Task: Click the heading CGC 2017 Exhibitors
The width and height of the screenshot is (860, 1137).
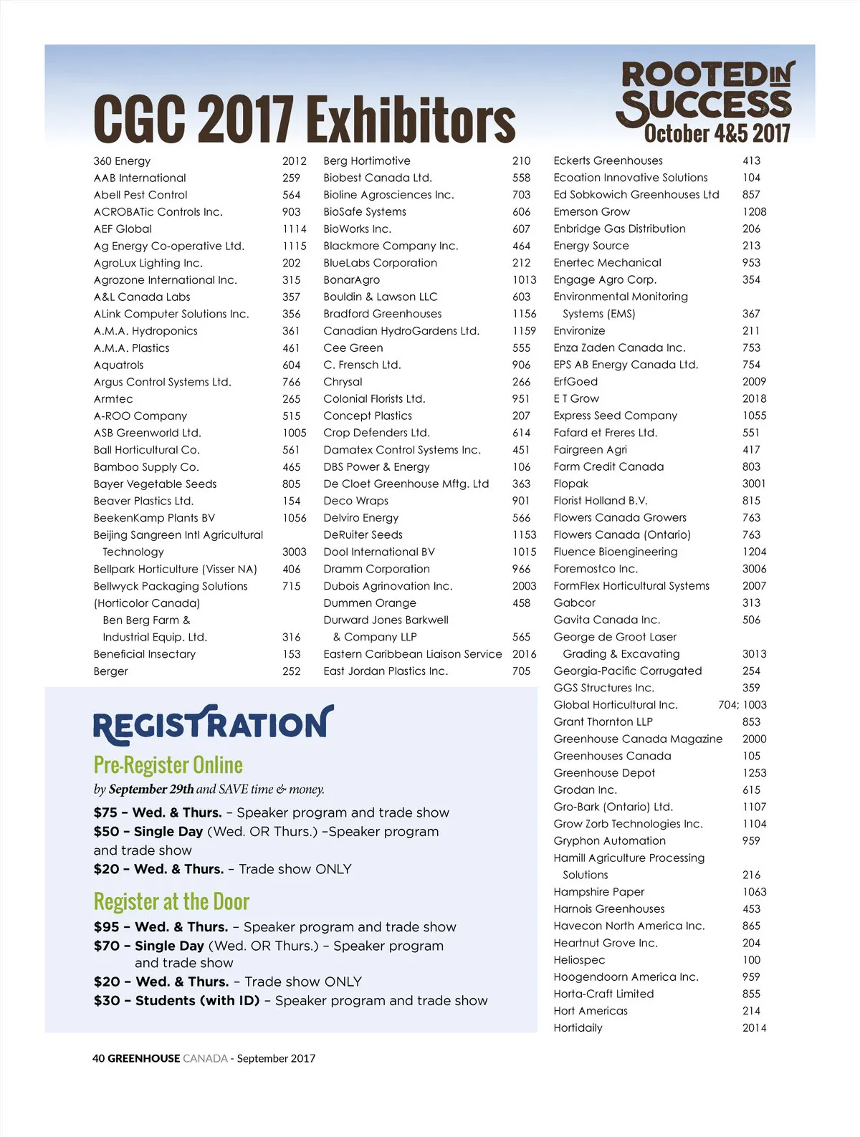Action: [x=304, y=119]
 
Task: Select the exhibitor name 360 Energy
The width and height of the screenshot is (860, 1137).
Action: [x=122, y=161]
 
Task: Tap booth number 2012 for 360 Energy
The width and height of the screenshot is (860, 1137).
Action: [x=294, y=161]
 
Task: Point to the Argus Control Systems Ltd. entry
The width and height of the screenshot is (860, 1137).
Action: [x=162, y=382]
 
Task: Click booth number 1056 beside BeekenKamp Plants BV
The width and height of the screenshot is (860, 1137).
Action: [x=294, y=518]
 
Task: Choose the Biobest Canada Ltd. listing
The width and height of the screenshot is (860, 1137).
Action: [x=377, y=178]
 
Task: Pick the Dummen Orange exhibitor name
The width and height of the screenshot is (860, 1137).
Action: [x=369, y=603]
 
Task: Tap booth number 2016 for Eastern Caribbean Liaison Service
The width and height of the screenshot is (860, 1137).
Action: [x=524, y=654]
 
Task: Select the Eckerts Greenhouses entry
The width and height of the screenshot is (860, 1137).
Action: [x=608, y=160]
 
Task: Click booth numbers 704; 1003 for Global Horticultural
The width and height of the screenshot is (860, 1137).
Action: [x=742, y=705]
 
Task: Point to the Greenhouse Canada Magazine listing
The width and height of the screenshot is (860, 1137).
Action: [x=638, y=739]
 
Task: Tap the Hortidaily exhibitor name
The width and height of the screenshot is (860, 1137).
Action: [x=578, y=1028]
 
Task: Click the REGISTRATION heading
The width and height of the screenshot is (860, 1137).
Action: [x=213, y=725]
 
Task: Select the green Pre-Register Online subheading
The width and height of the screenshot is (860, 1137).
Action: [x=168, y=765]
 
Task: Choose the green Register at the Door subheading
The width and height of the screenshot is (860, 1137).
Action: [x=171, y=901]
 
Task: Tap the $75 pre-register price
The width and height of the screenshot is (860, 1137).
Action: [x=105, y=812]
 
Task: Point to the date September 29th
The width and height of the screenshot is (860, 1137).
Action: [x=151, y=790]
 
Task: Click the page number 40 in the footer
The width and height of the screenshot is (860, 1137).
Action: [x=98, y=1058]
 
